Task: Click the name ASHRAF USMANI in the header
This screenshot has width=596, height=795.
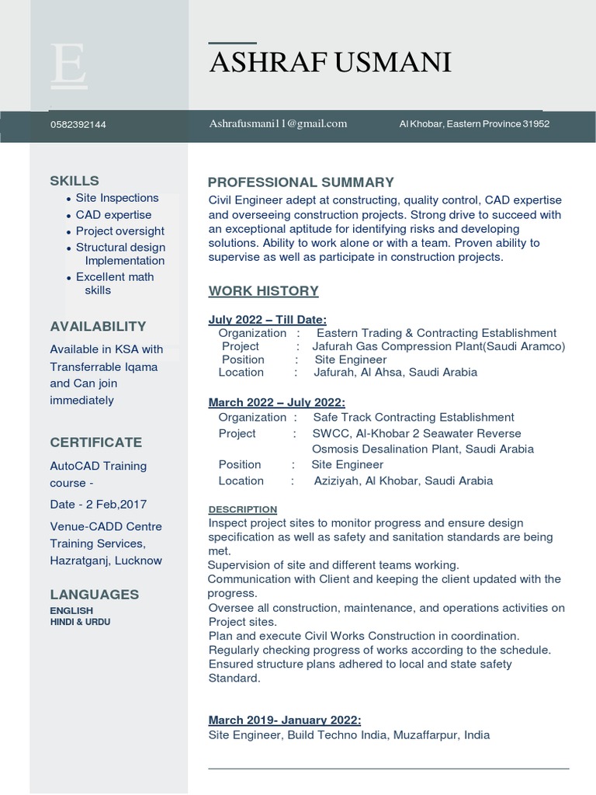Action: [x=330, y=62]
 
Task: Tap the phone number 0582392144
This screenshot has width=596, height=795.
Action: [x=78, y=124]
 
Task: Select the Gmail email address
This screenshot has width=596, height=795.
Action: [x=278, y=123]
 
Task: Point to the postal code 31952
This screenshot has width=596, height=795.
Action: [x=536, y=123]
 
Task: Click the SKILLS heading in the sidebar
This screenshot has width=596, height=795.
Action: [x=74, y=181]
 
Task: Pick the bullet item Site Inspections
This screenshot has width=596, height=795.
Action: [x=117, y=198]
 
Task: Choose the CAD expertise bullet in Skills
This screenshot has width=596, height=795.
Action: [x=113, y=214]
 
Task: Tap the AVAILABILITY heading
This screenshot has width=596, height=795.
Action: [x=98, y=327]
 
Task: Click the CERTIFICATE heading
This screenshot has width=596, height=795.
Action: [x=96, y=443]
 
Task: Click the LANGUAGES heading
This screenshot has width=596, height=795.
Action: [x=95, y=595]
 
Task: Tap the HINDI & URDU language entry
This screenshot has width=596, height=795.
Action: [x=80, y=622]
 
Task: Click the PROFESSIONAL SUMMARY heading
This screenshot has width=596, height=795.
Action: [x=301, y=182]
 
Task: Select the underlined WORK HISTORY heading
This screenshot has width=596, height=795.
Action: [x=264, y=291]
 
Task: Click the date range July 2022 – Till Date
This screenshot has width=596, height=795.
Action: [x=268, y=319]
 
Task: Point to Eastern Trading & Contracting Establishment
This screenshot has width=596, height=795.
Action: [x=437, y=333]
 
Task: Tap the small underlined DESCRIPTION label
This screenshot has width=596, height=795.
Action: [x=243, y=509]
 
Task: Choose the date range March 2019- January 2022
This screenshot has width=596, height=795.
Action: [x=285, y=720]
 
